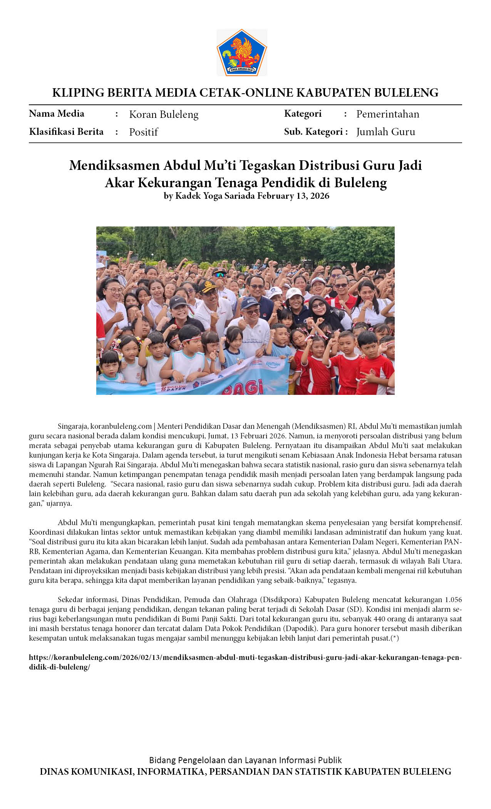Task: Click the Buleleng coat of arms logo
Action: coord(241,52)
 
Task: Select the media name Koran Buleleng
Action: coord(164,114)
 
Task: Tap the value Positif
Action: coord(143,132)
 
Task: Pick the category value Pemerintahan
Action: coord(387,114)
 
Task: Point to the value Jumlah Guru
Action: coord(385,132)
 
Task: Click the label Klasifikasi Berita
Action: coord(66,132)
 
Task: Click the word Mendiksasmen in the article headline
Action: coord(114,165)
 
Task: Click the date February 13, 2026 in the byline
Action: coord(293,196)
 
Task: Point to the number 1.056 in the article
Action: coord(453,600)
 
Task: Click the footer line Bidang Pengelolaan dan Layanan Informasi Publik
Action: coord(245,760)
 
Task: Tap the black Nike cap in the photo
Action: coord(178,301)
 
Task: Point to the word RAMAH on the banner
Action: coord(273,364)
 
